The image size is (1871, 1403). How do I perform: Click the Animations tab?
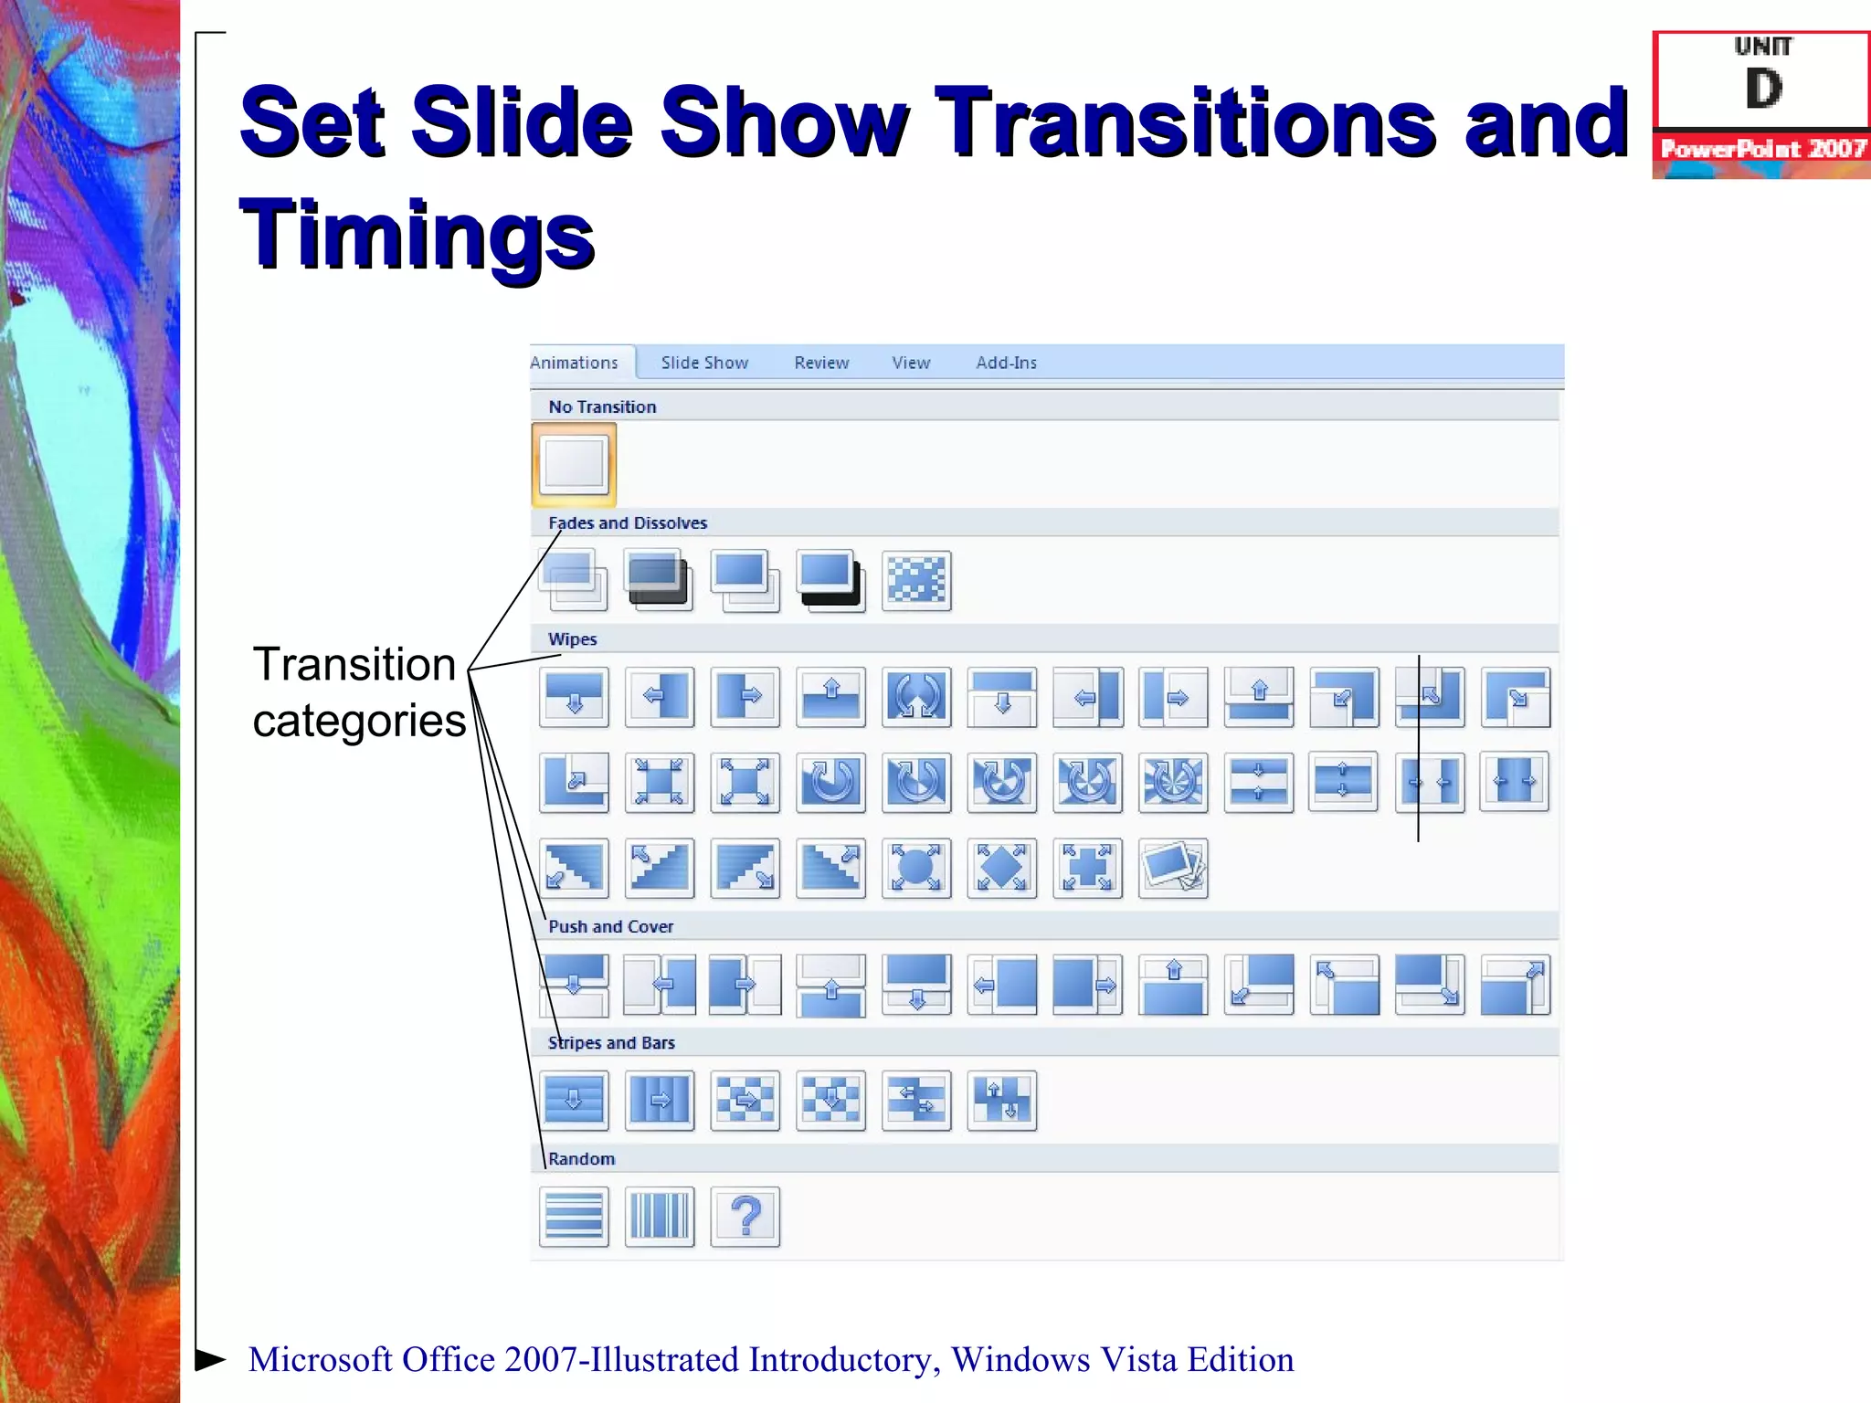[x=576, y=363]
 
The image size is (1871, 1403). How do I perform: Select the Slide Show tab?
[x=704, y=363]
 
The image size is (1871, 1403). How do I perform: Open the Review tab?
[x=821, y=363]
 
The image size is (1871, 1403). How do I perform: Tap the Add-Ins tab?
[x=1006, y=363]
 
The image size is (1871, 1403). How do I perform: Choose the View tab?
[x=911, y=363]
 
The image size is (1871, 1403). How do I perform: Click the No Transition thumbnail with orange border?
[x=574, y=464]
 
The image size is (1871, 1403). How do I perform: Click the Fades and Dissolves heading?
[x=628, y=522]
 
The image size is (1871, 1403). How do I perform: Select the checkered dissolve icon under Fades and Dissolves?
[x=916, y=580]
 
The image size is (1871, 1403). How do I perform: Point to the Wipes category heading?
[x=572, y=639]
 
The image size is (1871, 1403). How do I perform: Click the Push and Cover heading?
[x=610, y=926]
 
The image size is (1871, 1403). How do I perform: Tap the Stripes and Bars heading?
[x=611, y=1042]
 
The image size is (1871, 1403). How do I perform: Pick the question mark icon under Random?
[x=745, y=1217]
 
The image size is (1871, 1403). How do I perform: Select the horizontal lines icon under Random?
[x=574, y=1217]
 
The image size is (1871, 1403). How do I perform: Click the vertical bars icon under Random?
[x=660, y=1217]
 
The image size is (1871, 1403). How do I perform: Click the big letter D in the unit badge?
[x=1763, y=90]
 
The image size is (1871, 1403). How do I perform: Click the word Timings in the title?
[x=417, y=235]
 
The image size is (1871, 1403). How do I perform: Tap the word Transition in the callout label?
[x=354, y=664]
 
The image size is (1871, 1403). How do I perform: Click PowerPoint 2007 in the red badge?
[x=1762, y=149]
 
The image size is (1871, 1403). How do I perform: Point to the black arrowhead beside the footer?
[x=209, y=1359]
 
